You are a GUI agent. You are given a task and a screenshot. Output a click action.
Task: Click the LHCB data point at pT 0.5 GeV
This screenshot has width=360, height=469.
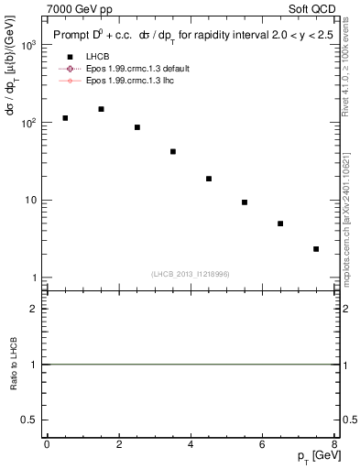[x=65, y=118]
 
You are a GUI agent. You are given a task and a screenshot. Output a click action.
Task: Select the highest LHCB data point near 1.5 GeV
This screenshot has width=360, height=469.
[x=101, y=109]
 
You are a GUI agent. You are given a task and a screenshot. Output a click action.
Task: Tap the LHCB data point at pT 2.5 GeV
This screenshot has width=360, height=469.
[x=137, y=127]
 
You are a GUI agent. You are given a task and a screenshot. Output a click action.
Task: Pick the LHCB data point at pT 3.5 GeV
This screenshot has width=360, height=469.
[x=173, y=151]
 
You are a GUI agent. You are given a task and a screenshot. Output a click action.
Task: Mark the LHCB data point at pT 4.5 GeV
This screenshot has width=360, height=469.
[x=209, y=179]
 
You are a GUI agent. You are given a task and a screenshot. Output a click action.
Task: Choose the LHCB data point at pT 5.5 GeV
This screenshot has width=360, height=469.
[x=245, y=202]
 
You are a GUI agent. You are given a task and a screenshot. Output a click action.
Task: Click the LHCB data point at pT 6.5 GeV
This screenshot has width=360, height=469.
[x=280, y=224]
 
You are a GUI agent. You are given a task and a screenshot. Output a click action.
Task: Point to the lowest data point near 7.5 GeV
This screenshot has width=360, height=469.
[x=316, y=249]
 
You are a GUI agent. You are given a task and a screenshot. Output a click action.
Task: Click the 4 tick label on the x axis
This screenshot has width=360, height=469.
[x=191, y=444]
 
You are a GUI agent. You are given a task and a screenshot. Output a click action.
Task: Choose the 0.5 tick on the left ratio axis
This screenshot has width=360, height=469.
[x=31, y=420]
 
